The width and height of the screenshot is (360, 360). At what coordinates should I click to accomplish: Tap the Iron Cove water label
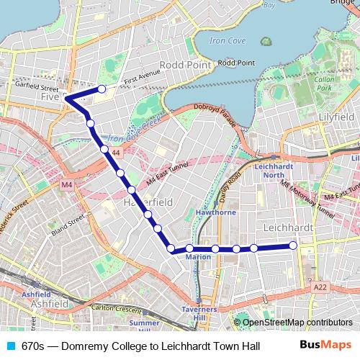tap(228, 42)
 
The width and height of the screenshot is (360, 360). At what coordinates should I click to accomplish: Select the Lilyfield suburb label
tap(340, 115)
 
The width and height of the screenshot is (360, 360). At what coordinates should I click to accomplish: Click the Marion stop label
tap(198, 257)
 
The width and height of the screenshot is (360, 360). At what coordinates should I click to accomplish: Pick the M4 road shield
tap(67, 185)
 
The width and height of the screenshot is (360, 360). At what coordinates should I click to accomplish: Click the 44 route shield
tap(116, 153)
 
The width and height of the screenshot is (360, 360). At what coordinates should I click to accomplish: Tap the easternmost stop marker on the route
tap(293, 246)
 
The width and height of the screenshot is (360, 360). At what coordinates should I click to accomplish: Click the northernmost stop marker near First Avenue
tap(102, 89)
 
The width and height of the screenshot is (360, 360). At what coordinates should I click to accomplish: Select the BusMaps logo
tap(326, 345)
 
